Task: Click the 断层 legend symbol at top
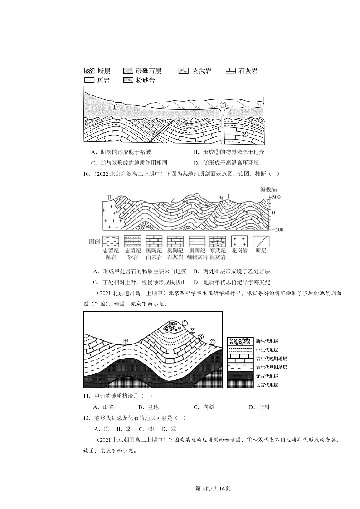(x=89, y=71)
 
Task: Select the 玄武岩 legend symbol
(x=184, y=71)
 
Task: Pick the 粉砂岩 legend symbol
(x=128, y=80)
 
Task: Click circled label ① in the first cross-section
(x=114, y=107)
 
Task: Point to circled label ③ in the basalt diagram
(x=223, y=105)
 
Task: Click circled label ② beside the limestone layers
(x=244, y=134)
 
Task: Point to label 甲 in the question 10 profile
(x=108, y=197)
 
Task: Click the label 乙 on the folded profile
(x=173, y=200)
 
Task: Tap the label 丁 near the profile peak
(x=229, y=195)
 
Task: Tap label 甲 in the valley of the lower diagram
(x=127, y=341)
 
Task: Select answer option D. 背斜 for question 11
(x=259, y=407)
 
